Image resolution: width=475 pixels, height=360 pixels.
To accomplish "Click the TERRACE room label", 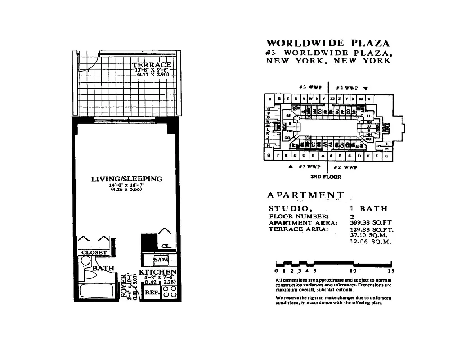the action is point(152,65).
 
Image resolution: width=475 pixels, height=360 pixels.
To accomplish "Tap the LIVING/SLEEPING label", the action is point(127,179).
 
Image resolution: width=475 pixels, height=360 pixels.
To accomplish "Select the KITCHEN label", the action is point(157,272).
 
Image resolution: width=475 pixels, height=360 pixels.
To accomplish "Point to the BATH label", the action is point(103,268).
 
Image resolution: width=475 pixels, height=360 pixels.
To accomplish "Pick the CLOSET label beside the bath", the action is point(94,252).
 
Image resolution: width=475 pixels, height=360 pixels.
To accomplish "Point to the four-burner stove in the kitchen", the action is point(169,292).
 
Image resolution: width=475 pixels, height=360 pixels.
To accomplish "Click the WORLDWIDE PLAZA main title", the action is point(328,44).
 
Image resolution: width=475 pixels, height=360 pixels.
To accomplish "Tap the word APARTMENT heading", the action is point(305,195).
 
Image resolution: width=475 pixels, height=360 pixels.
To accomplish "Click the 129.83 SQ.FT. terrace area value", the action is point(372,229).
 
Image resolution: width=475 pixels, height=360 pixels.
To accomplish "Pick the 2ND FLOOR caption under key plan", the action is point(326,177).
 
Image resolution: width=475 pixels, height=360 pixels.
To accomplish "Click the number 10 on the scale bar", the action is point(353,271).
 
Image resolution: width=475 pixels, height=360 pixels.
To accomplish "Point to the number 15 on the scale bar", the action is point(390,271).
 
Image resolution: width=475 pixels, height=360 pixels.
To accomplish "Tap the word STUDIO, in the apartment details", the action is point(290,209).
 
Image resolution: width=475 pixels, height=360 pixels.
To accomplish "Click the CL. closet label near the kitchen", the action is point(166,246).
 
